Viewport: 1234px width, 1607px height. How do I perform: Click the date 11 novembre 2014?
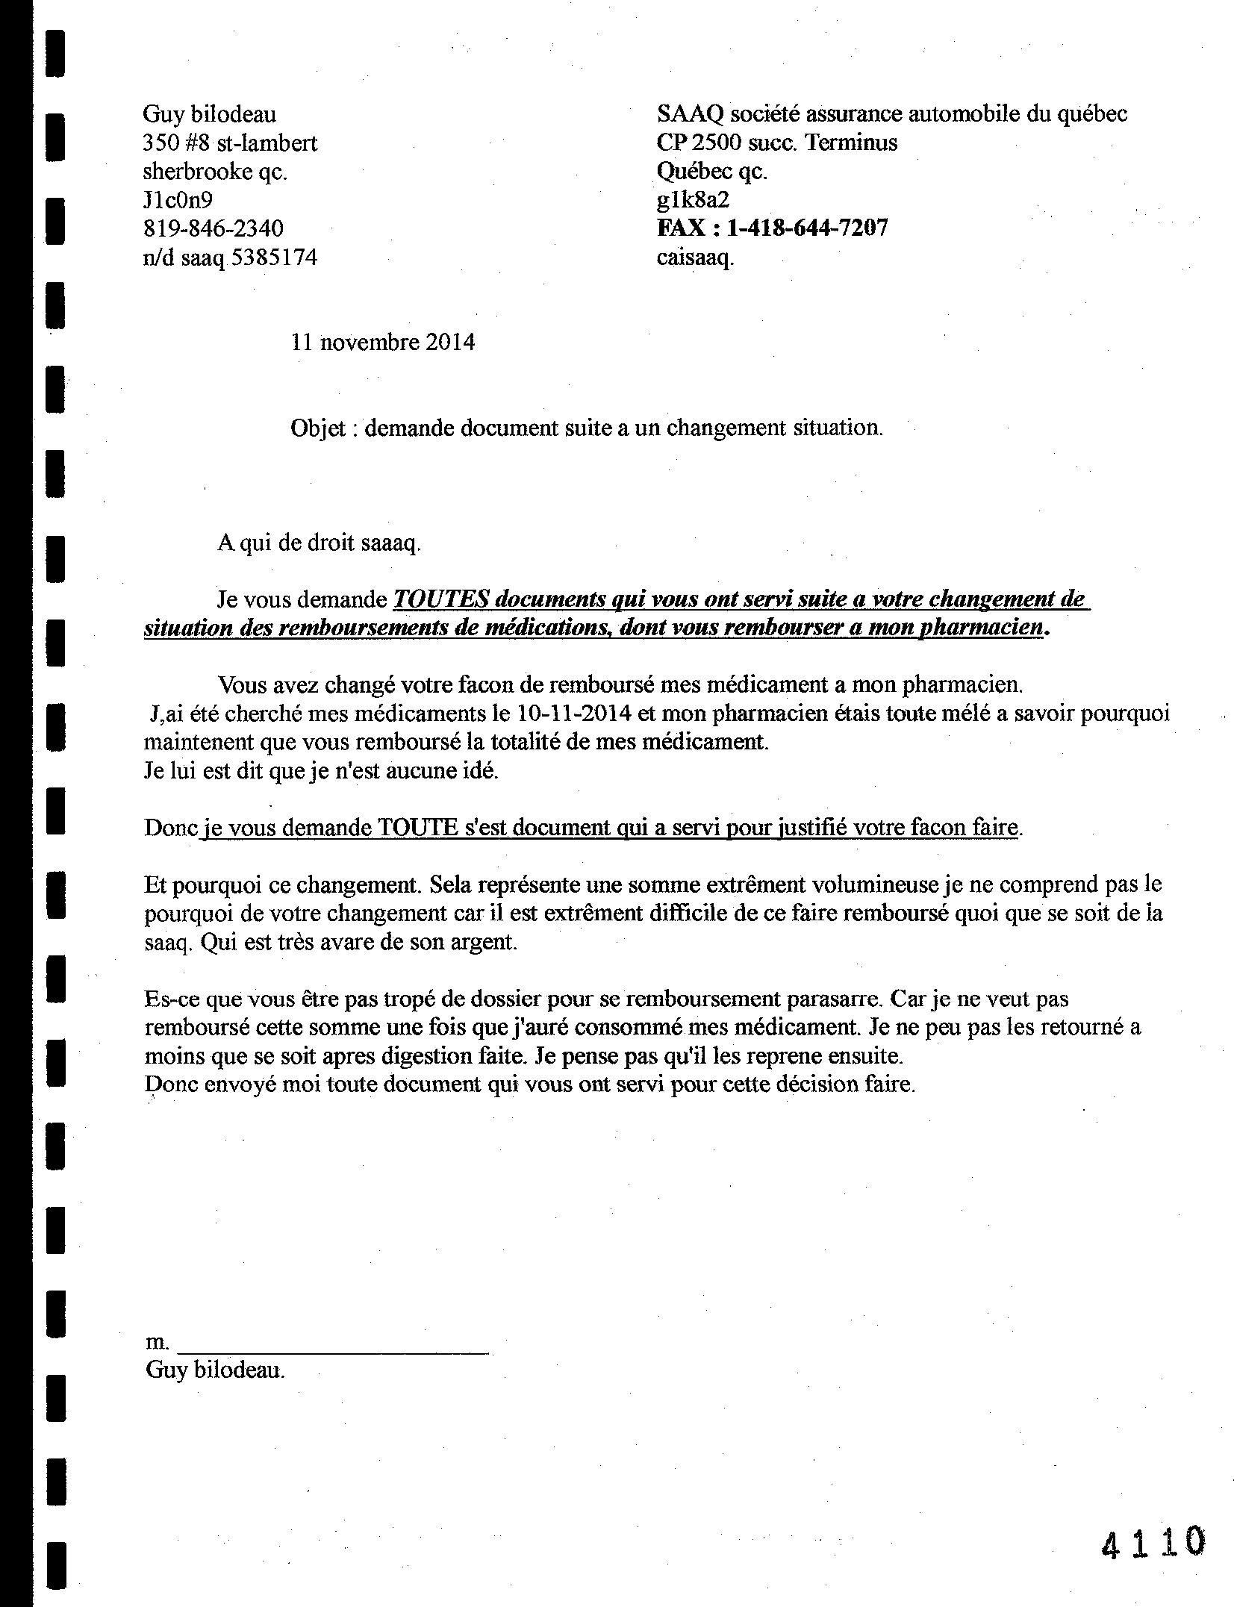[383, 342]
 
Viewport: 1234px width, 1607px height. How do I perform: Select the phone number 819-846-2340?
[213, 228]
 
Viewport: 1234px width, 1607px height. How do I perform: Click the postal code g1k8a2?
[693, 199]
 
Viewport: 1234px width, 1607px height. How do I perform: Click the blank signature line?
[334, 1344]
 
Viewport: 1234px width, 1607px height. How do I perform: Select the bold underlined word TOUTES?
[440, 599]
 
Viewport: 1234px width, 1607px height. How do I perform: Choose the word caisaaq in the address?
[695, 258]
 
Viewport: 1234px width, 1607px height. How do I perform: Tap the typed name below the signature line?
[215, 1370]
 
